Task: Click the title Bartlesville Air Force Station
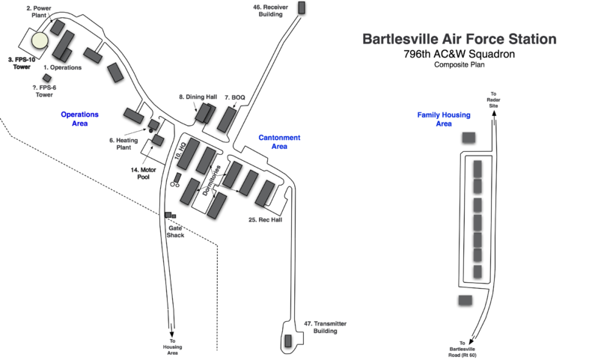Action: coord(459,39)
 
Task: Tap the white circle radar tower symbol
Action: coord(40,40)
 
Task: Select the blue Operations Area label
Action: coord(80,119)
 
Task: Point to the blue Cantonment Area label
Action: coord(279,142)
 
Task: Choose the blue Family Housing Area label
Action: coord(444,119)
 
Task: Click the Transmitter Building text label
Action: coord(326,327)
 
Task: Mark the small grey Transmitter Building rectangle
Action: coord(288,341)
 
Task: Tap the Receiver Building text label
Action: coord(270,10)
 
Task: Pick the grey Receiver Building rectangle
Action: coord(302,7)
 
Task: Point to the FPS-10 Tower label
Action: coord(22,63)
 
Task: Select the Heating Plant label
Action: coord(124,143)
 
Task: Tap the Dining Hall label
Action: coord(198,97)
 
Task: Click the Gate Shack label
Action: coord(176,231)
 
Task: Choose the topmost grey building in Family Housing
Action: coord(469,137)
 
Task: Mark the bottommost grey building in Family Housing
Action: coord(466,299)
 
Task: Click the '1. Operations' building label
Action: coord(63,68)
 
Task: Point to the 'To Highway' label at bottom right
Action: coord(462,348)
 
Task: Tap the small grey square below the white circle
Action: coord(47,78)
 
